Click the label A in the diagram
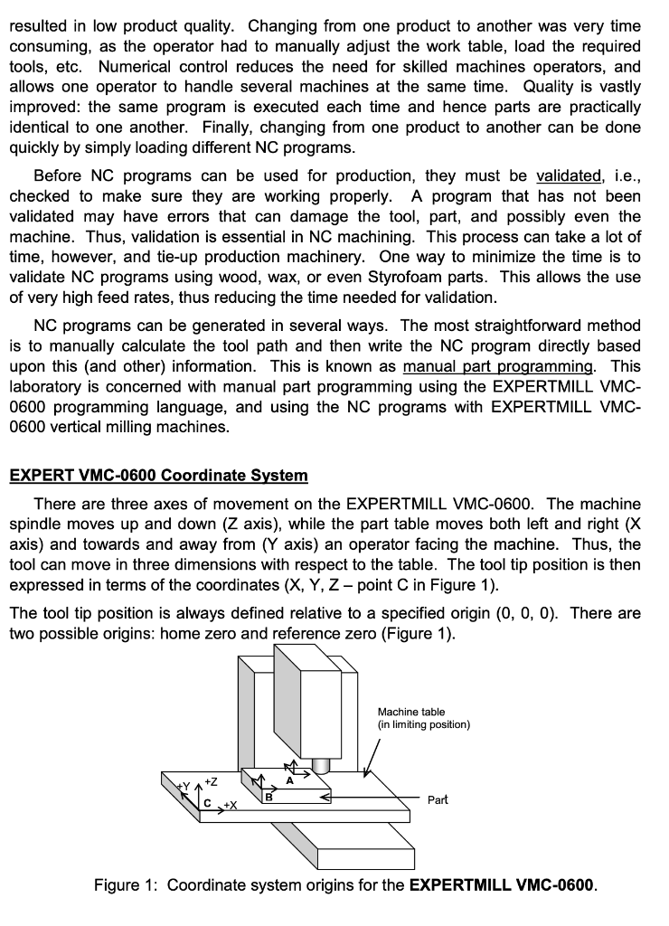289,780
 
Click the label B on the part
268,796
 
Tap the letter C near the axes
207,802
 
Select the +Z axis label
210,780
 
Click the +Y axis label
184,786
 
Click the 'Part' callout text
438,800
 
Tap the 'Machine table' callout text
411,713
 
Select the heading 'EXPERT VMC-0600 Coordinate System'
158,476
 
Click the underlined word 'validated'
569,175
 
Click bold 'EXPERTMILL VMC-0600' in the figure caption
502,883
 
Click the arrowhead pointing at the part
326,799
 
